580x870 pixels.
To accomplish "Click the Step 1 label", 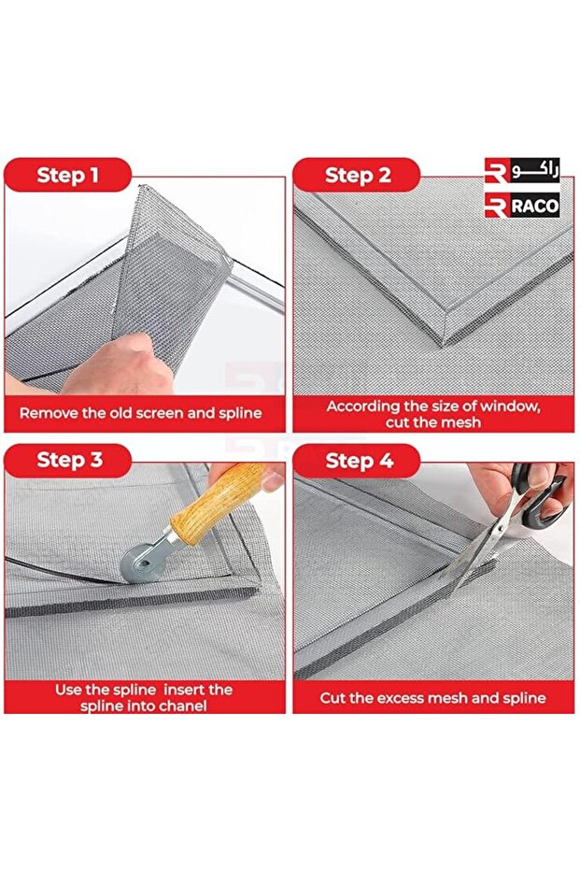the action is point(67,176).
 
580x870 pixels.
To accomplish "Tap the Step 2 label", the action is point(359,176).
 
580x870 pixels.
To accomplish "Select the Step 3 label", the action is point(70,460).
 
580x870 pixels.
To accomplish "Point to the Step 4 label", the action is point(360,461).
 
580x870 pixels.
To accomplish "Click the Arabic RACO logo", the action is point(522,170).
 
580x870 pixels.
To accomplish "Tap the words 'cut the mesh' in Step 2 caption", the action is point(433,422).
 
